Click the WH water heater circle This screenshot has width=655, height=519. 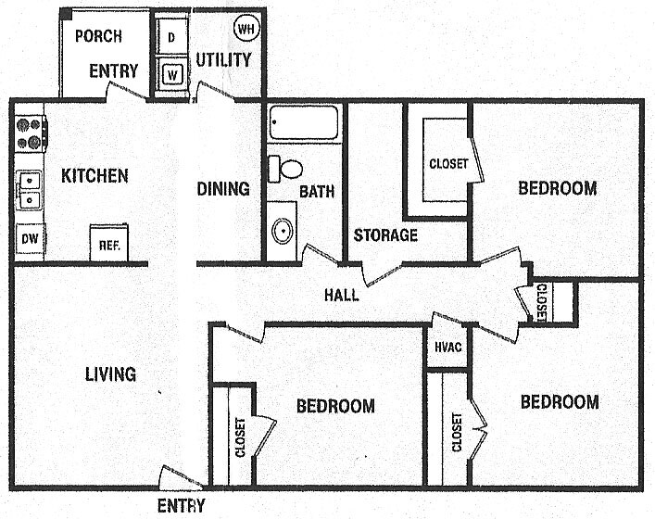tap(246, 29)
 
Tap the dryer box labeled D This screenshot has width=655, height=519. tap(172, 38)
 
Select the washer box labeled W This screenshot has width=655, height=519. tap(172, 71)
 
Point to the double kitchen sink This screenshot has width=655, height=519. tap(30, 189)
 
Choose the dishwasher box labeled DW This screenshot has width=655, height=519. tap(30, 240)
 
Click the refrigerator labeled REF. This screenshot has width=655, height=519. tap(108, 245)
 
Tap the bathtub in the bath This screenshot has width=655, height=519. tap(304, 122)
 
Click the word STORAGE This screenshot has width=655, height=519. tap(385, 235)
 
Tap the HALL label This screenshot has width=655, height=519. tap(341, 296)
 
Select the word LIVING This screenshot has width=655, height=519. tap(110, 374)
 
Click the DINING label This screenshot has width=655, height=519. tap(223, 189)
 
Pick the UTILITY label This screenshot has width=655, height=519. tap(223, 60)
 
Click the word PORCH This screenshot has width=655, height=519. tap(99, 36)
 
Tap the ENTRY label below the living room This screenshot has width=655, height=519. tap(181, 506)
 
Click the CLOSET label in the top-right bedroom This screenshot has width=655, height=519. tap(447, 165)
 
